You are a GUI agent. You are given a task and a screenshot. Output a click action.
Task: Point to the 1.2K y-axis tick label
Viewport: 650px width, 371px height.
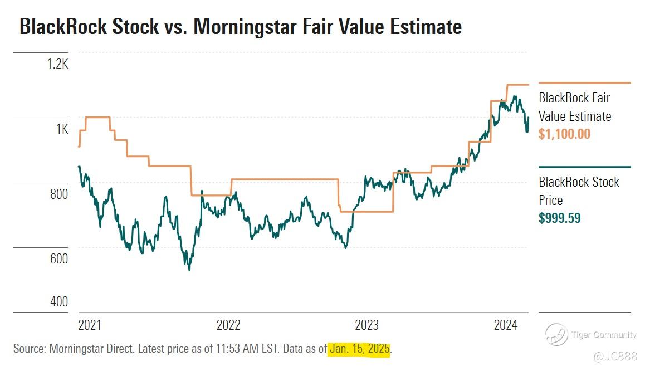pyautogui.click(x=56, y=65)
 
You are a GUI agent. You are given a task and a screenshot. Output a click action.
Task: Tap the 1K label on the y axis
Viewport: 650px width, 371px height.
pyautogui.click(x=61, y=129)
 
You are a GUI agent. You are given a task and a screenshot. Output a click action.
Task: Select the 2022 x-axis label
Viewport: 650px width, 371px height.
pyautogui.click(x=228, y=325)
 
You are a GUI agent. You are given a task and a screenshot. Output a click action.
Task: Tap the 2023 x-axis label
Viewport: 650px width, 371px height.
pyautogui.click(x=366, y=325)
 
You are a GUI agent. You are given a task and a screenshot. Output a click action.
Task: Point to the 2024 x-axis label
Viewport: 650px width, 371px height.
pyautogui.click(x=505, y=325)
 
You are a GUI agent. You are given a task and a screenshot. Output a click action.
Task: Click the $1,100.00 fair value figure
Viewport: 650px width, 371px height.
pyautogui.click(x=564, y=134)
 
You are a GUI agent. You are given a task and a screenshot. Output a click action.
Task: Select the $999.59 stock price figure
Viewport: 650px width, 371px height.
pyautogui.click(x=559, y=218)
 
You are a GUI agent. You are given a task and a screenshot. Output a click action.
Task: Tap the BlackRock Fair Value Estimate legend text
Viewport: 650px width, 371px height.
pyautogui.click(x=574, y=107)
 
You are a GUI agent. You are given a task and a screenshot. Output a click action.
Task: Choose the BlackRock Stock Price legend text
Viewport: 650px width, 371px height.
pyautogui.click(x=578, y=191)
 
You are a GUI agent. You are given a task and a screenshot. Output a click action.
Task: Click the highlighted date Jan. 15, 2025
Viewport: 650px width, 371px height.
pyautogui.click(x=359, y=349)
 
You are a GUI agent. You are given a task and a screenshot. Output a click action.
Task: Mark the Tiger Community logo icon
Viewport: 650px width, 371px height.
pyautogui.click(x=556, y=335)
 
